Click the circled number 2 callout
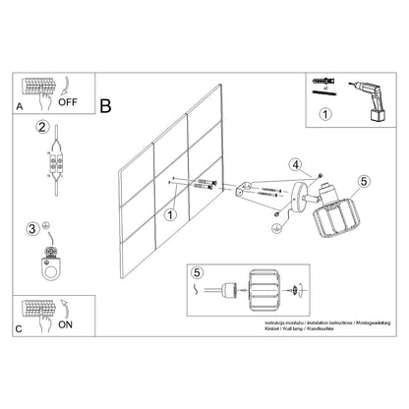pos(42,127)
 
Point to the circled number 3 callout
pos(34,229)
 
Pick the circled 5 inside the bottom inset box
pos(199,273)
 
